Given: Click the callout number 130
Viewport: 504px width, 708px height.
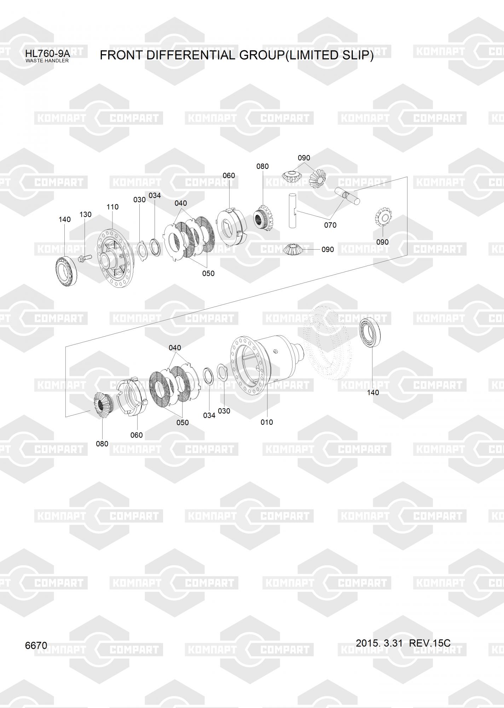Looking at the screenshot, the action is [x=85, y=215].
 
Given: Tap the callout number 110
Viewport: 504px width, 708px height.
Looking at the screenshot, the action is [x=112, y=207].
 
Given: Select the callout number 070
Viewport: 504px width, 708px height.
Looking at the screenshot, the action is [x=330, y=225].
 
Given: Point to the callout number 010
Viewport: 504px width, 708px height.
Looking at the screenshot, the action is [x=267, y=422].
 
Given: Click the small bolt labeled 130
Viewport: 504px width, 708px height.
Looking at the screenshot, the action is [x=84, y=258].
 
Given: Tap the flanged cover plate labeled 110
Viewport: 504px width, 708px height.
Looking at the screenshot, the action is [x=115, y=258].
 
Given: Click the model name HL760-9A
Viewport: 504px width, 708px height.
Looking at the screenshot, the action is [x=47, y=54].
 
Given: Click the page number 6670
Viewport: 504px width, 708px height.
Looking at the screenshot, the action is [x=36, y=645].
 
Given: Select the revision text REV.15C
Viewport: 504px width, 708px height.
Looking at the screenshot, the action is [x=429, y=643].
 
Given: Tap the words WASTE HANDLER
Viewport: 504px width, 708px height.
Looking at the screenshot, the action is [x=47, y=61].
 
